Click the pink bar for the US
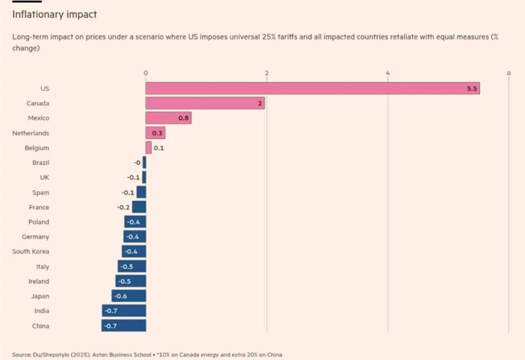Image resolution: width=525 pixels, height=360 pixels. (x=313, y=88)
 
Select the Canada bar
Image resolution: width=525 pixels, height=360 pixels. (x=205, y=103)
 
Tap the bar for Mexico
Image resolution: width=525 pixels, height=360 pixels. (x=168, y=118)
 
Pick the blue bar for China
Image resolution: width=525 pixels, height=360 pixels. (x=124, y=326)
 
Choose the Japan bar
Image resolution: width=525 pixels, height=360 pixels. (x=129, y=296)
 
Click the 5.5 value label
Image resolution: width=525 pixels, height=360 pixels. (x=472, y=89)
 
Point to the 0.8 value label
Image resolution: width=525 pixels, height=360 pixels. (x=183, y=118)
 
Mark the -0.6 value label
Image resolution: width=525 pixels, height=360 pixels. (x=121, y=296)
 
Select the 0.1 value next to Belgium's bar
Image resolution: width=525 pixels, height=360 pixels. (x=159, y=148)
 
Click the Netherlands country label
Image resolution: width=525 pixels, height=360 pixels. (x=31, y=133)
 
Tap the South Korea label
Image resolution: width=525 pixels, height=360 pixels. (x=31, y=251)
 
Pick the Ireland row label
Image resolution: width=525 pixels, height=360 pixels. (x=39, y=281)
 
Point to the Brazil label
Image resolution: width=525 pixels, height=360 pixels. (x=41, y=163)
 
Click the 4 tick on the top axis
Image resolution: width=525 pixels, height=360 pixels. (x=388, y=73)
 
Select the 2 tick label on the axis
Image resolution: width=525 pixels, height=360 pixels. (x=267, y=73)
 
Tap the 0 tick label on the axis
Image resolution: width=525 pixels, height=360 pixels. (x=146, y=73)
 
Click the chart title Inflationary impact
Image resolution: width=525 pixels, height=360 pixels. (x=55, y=14)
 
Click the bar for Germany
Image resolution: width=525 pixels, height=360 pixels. (x=135, y=237)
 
